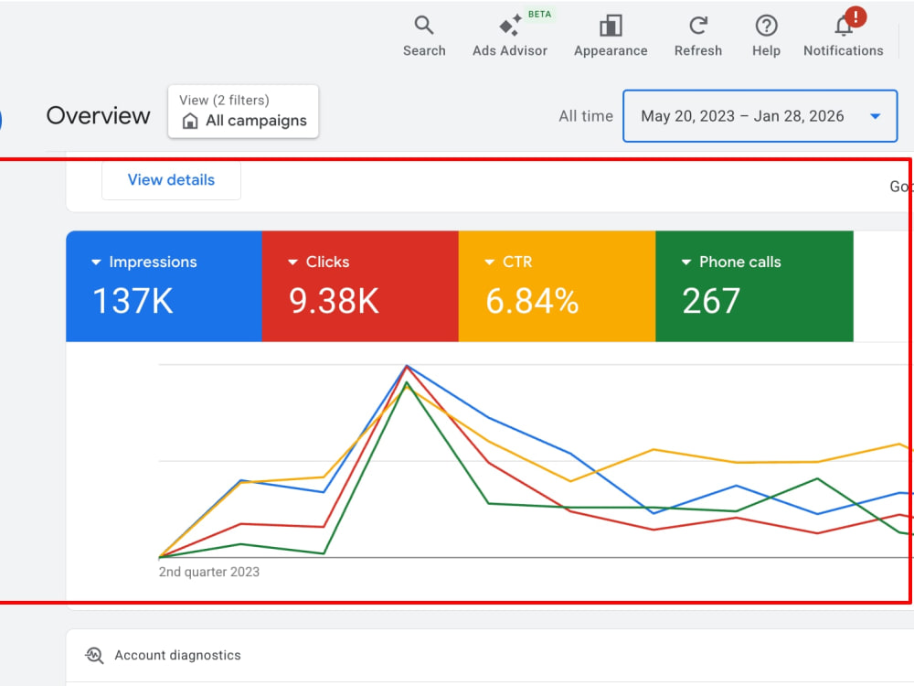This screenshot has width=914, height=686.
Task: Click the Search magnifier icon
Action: pos(424,25)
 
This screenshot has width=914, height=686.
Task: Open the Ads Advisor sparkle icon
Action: pos(510,26)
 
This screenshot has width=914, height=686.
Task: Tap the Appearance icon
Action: pos(611,26)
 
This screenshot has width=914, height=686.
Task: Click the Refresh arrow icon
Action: pos(697,25)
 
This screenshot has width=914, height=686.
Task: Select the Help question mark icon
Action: pos(766,26)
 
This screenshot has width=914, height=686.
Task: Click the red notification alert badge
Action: pos(856,16)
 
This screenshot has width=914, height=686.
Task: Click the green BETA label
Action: pos(539,14)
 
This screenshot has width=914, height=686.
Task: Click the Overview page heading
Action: pos(98,115)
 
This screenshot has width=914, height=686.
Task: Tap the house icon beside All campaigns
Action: pos(190,121)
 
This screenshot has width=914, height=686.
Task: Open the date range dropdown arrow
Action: pos(875,116)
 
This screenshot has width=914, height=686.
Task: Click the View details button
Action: pos(171,179)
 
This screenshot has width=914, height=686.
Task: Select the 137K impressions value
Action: pos(133,301)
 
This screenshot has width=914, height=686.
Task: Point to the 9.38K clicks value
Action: pos(334,301)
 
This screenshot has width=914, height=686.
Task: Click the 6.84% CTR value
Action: pos(532,301)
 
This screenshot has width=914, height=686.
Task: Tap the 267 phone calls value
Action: pos(711,301)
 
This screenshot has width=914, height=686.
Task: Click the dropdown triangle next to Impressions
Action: pos(96,263)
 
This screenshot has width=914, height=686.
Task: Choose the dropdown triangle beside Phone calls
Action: pos(686,263)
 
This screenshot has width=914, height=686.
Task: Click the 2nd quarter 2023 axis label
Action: pos(208,572)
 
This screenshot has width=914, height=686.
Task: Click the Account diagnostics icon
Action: pos(94,656)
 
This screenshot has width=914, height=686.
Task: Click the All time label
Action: pos(586,116)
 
